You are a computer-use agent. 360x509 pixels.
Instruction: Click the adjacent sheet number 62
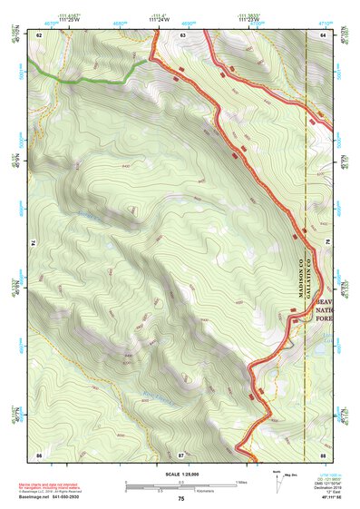click(x=39, y=34)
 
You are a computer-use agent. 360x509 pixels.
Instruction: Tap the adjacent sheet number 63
click(x=182, y=34)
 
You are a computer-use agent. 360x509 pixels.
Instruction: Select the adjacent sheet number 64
click(x=324, y=34)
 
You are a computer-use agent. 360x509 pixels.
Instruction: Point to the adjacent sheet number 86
click(x=39, y=454)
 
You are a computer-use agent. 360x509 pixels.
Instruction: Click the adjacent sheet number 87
click(x=181, y=454)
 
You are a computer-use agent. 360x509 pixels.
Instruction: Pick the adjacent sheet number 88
click(x=324, y=454)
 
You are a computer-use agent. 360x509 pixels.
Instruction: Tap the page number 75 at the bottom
click(x=180, y=499)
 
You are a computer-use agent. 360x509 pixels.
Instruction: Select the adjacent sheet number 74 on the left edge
click(x=35, y=242)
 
